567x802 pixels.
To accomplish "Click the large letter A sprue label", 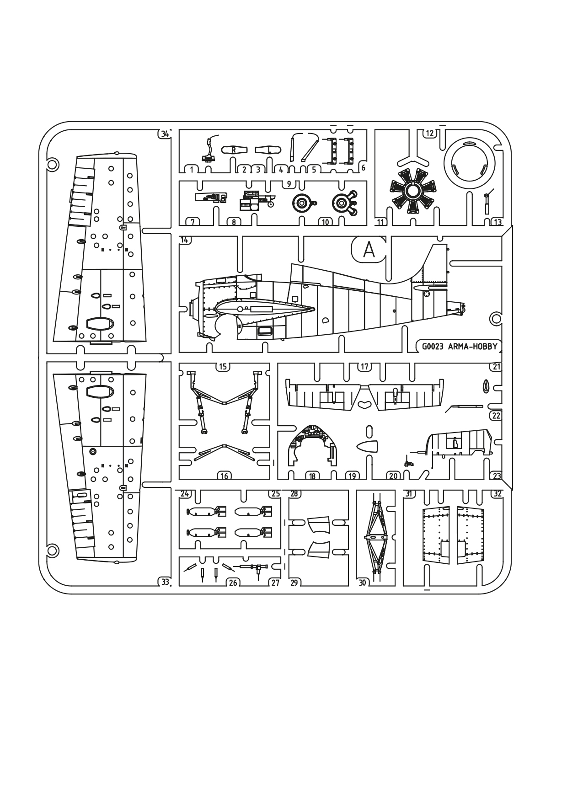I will [x=369, y=250].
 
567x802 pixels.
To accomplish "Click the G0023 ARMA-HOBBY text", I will [x=458, y=347].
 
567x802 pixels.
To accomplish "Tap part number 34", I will [x=165, y=134].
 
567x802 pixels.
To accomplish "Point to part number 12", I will [x=430, y=133].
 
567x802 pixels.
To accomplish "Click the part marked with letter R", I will [x=234, y=150].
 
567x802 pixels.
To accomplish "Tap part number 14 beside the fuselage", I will [x=185, y=240].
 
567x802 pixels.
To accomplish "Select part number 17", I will [x=364, y=367].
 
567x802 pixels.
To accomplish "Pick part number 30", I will [x=363, y=583].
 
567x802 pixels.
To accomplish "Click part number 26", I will [x=233, y=583].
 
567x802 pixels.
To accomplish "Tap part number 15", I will [x=223, y=367].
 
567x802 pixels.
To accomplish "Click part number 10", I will [x=325, y=222].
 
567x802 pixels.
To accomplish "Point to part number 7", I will [x=193, y=222].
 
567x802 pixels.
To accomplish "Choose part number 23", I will [x=497, y=476].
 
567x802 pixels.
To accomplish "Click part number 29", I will [x=294, y=583].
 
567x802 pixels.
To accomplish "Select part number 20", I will [x=393, y=476].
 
